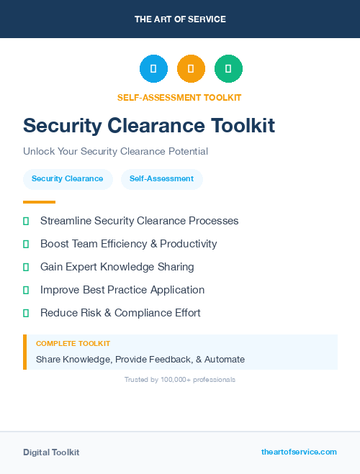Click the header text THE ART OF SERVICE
(x=180, y=19)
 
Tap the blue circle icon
(x=153, y=68)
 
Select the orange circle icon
(x=191, y=68)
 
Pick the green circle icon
(x=228, y=68)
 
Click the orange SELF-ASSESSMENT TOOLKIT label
(x=179, y=98)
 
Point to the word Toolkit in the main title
(x=243, y=125)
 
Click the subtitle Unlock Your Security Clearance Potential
(x=115, y=152)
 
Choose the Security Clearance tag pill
(x=68, y=179)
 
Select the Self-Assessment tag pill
(x=161, y=179)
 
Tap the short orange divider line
(x=39, y=202)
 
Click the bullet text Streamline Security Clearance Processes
(x=139, y=221)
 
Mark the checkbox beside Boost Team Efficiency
(x=26, y=244)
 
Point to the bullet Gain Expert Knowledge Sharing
(x=117, y=267)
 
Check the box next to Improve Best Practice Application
(x=26, y=290)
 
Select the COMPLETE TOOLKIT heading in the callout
(x=73, y=344)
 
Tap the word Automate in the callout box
(x=225, y=359)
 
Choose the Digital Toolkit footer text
(x=51, y=452)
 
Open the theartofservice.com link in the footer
(x=299, y=452)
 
